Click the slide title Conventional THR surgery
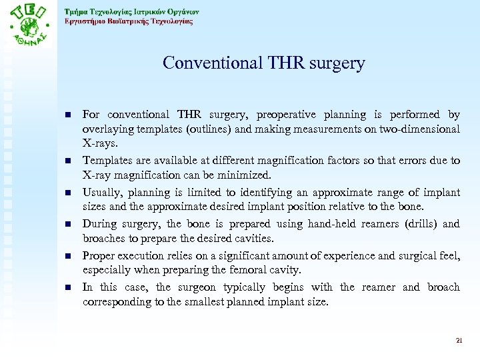click(x=264, y=63)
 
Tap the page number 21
click(x=459, y=340)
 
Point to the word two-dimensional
click(x=418, y=129)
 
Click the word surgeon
click(x=200, y=287)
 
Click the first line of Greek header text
click(x=131, y=11)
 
